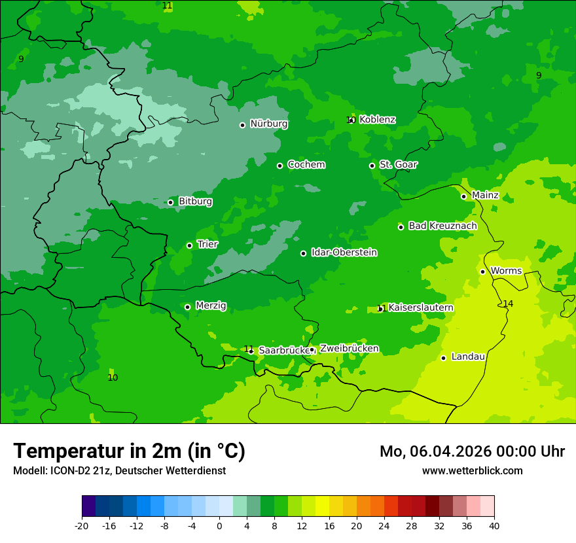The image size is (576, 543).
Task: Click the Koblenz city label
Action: pos(377,120)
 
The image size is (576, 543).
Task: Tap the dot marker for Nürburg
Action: pos(242,125)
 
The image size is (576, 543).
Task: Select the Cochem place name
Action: pos(306,165)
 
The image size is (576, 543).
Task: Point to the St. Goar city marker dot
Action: pos(372,166)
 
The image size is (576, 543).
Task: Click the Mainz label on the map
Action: pos(485,196)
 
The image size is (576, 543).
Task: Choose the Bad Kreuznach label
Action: pos(442,226)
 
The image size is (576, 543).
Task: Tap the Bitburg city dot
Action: pos(170,202)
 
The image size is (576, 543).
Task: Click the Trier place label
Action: pos(207,245)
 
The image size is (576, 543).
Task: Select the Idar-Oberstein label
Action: pos(344,253)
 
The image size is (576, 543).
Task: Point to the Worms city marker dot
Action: pos(482,271)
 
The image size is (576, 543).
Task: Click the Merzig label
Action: pos(211,306)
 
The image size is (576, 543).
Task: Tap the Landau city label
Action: pos(468,357)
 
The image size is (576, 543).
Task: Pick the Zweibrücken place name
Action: pos(349,349)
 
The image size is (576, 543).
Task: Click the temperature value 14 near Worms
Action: pos(508,304)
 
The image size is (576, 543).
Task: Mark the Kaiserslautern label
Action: pos(421,307)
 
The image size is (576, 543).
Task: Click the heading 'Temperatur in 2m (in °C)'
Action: pos(129,451)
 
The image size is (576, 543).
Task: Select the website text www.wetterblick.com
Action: pos(472,471)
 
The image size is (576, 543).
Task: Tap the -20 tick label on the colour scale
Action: pos(82,526)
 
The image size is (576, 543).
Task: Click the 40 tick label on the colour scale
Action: pos(494,526)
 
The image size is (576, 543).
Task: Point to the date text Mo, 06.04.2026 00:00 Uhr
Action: pos(472,451)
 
